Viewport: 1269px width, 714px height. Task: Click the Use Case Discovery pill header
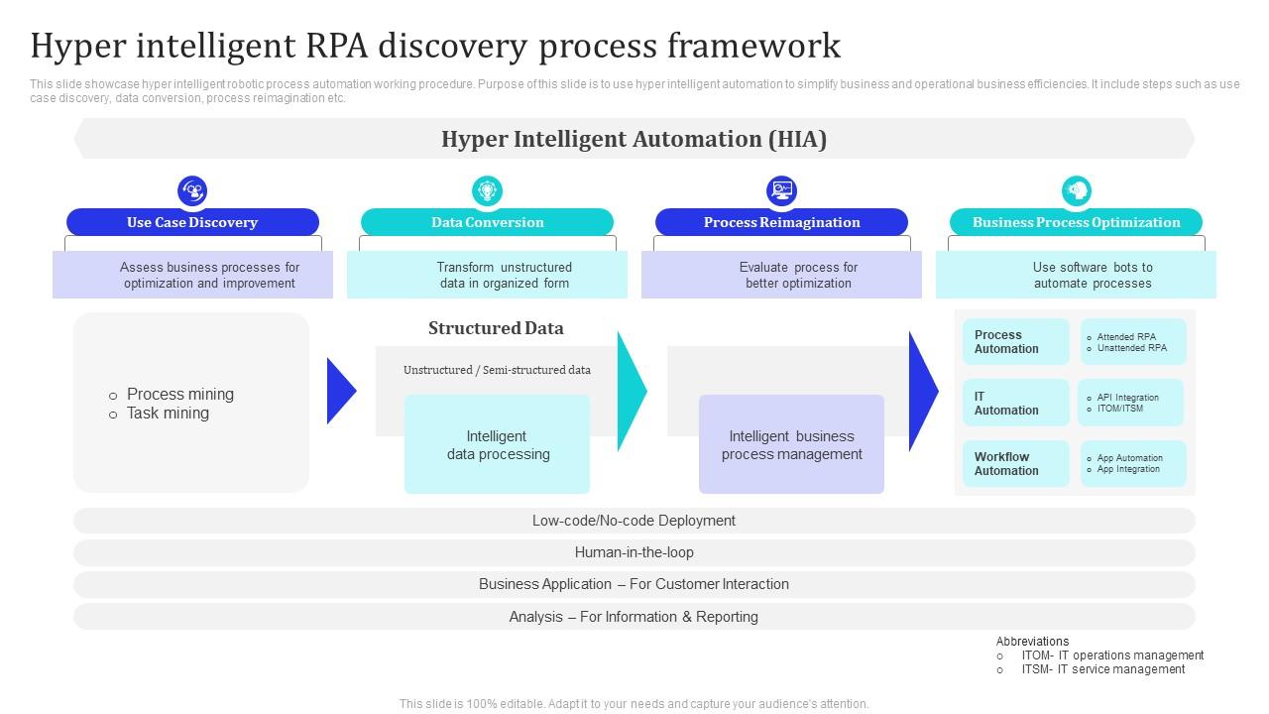(x=192, y=222)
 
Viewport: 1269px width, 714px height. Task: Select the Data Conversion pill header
(x=487, y=222)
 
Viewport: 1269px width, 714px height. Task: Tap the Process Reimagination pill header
(x=781, y=222)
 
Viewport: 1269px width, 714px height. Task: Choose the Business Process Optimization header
(x=1076, y=222)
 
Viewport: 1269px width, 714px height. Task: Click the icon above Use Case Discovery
(x=192, y=190)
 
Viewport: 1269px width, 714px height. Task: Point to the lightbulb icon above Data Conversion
(x=487, y=190)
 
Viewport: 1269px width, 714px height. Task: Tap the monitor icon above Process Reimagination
(x=781, y=190)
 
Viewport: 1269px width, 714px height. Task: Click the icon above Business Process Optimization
(x=1076, y=190)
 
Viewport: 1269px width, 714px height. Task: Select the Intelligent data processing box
(x=497, y=444)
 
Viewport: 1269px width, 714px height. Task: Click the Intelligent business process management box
(x=791, y=444)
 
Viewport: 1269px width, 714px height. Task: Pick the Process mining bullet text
(x=179, y=394)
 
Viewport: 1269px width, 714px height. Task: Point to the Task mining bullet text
(x=168, y=414)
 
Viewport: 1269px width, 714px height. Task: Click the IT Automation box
(x=1015, y=403)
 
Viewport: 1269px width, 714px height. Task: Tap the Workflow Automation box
(x=1015, y=463)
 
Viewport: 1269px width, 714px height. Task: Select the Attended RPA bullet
(x=1126, y=337)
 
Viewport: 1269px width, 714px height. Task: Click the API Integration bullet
(x=1127, y=398)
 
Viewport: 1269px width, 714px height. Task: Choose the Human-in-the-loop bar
(x=634, y=552)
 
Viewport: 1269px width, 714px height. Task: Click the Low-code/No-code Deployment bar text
(x=634, y=521)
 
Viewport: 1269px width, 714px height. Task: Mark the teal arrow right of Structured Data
(x=632, y=391)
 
